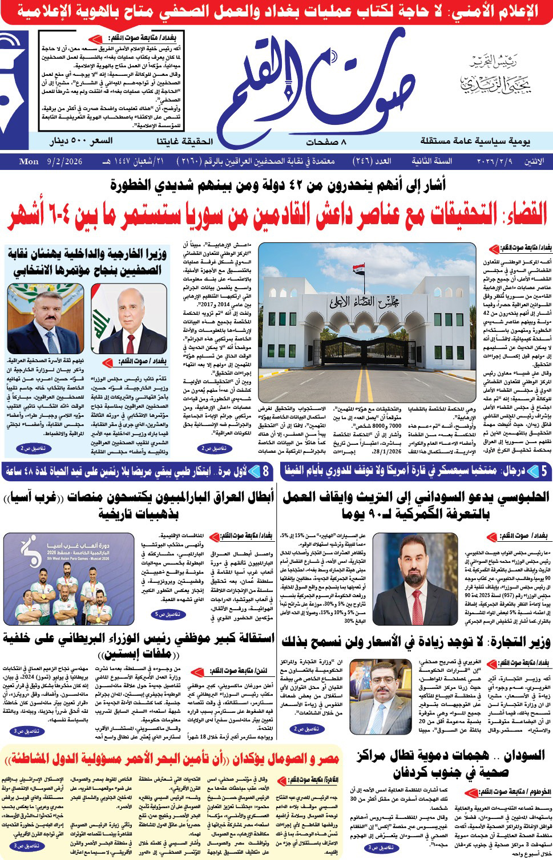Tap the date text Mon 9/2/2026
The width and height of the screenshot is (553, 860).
pyautogui.click(x=51, y=161)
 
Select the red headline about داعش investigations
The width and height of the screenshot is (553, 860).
pyautogui.click(x=277, y=215)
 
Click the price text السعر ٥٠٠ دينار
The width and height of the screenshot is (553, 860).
pyautogui.click(x=81, y=141)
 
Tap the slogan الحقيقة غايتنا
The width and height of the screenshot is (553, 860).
pyautogui.click(x=184, y=141)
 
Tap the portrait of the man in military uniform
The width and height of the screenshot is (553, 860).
pyautogui.click(x=45, y=319)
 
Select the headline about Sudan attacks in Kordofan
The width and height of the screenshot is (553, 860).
pyautogui.click(x=450, y=764)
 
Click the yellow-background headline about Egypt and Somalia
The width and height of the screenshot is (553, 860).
pyautogui.click(x=171, y=758)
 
